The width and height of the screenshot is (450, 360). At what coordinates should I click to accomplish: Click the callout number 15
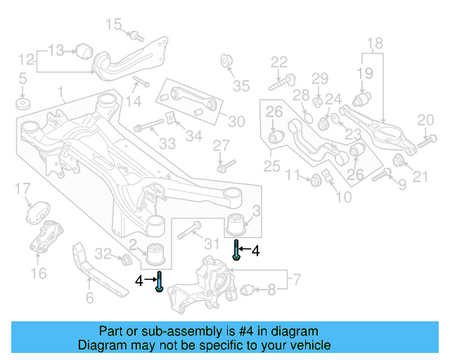113,25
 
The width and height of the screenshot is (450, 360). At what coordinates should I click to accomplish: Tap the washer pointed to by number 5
22,105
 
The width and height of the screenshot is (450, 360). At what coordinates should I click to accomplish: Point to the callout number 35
241,86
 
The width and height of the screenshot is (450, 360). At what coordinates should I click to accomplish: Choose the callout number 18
374,43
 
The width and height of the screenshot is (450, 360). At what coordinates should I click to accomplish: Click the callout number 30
236,122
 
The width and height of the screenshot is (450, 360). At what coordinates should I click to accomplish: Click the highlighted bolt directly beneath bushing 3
238,250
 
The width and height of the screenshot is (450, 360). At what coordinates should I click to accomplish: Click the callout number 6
89,298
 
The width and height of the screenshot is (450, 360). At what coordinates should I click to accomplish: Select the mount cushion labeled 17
36,213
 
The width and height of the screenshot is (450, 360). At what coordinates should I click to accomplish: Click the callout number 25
271,167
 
